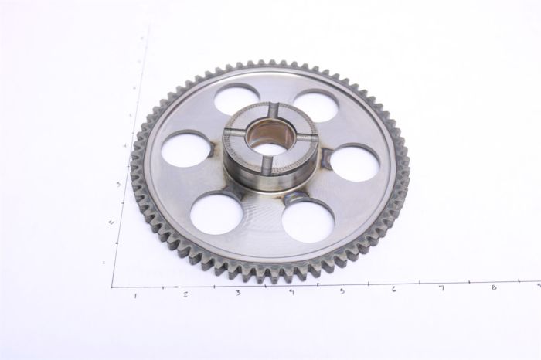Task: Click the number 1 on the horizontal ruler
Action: [x=136, y=295]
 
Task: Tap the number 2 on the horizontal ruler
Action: [x=185, y=294]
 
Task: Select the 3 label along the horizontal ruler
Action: [x=237, y=293]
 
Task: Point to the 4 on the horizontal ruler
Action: [x=291, y=291]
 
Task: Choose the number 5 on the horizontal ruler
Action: [x=342, y=290]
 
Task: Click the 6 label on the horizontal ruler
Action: [x=393, y=289]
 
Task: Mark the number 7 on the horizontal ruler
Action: [x=442, y=288]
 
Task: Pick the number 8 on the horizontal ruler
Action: [x=493, y=287]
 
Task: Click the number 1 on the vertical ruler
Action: [x=104, y=263]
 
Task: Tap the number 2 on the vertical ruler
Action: [x=111, y=222]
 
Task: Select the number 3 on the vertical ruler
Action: [x=117, y=184]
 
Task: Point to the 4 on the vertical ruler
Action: [x=124, y=146]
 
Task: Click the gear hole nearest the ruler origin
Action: [x=216, y=212]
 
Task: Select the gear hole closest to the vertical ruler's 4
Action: [x=186, y=149]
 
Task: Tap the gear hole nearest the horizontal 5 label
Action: [x=308, y=221]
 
